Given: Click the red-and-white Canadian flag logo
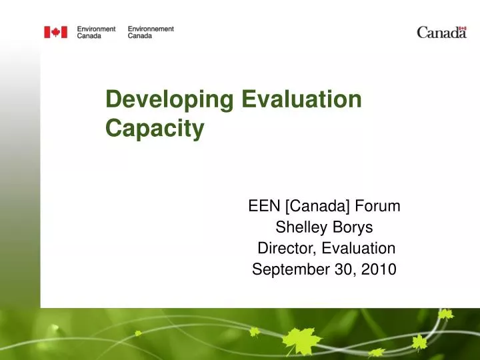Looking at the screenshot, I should click(x=56, y=32).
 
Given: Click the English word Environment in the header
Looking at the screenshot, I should click(x=96, y=29).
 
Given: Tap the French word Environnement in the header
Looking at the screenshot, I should click(x=151, y=29).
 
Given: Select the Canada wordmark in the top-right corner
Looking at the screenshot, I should click(x=441, y=33).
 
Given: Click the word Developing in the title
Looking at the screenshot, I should click(x=170, y=100).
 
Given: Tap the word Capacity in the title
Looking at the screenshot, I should click(x=155, y=129).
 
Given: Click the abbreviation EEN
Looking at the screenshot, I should click(x=261, y=206).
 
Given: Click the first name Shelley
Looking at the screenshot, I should click(x=299, y=228).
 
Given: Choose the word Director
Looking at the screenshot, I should click(x=287, y=249).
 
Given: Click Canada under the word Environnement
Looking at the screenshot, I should click(x=139, y=35).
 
